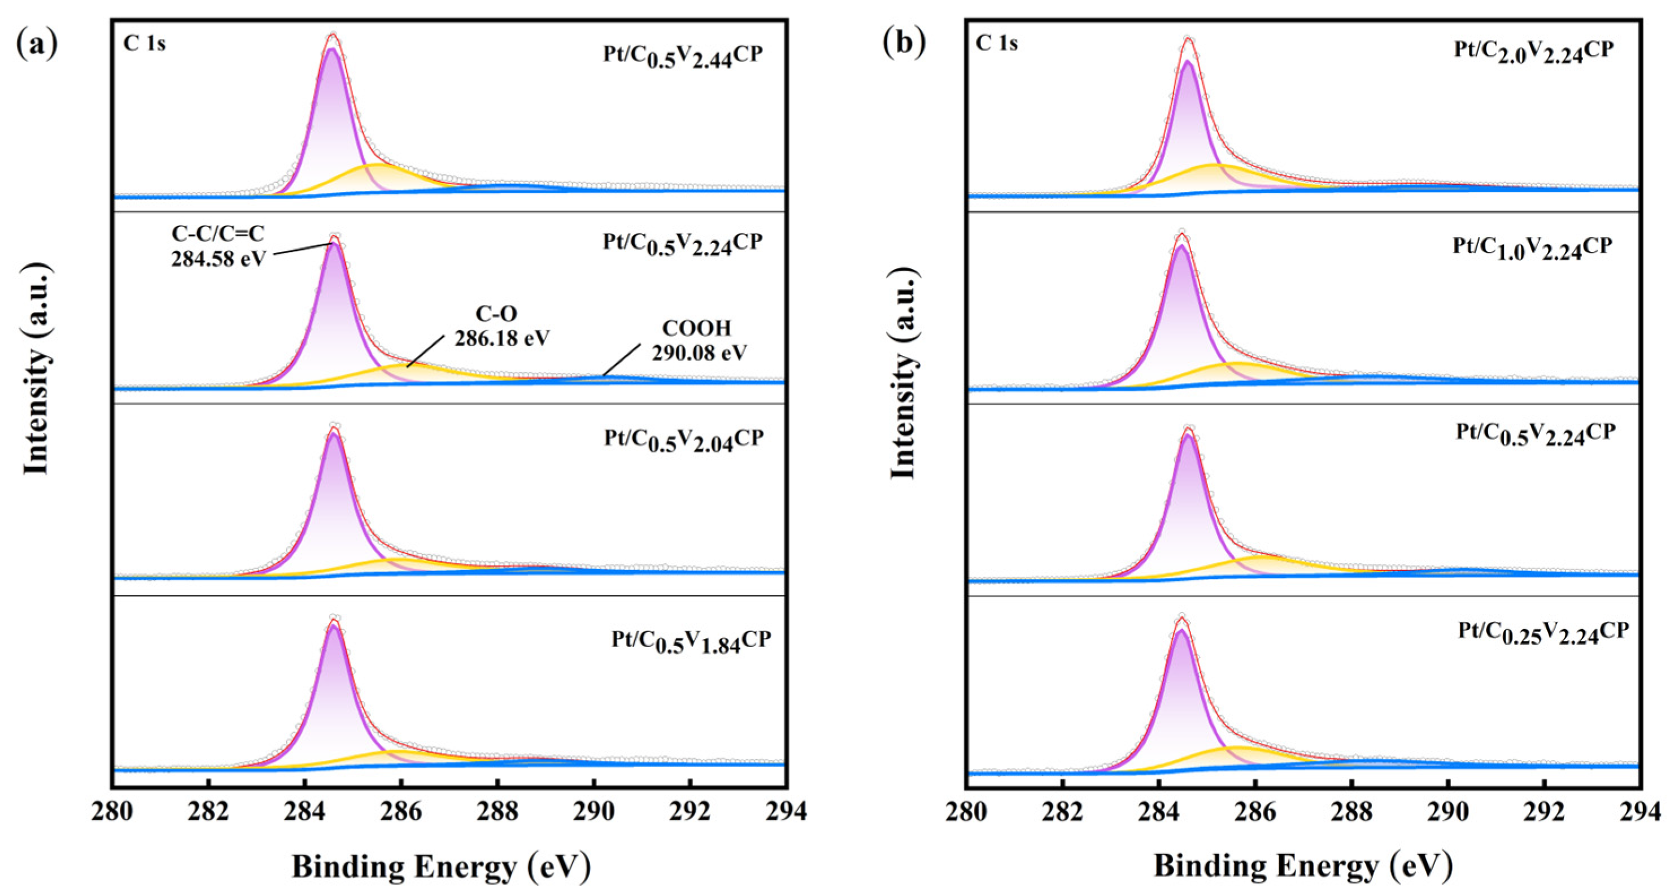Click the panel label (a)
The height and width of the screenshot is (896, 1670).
coord(37,44)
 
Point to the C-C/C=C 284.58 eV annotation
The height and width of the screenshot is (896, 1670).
coord(219,246)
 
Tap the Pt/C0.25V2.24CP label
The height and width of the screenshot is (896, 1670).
coord(1543,633)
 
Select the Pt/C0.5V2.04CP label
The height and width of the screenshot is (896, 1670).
coord(684,440)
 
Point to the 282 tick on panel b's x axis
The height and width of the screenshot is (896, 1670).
coord(1062,811)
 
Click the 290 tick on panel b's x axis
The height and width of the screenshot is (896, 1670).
coord(1447,811)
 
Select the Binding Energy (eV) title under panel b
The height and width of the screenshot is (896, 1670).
coord(1302,866)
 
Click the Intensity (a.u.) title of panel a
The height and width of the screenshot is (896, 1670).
coord(37,369)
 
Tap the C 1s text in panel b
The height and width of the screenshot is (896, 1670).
coord(996,44)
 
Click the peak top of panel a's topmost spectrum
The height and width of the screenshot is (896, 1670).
coord(333,36)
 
